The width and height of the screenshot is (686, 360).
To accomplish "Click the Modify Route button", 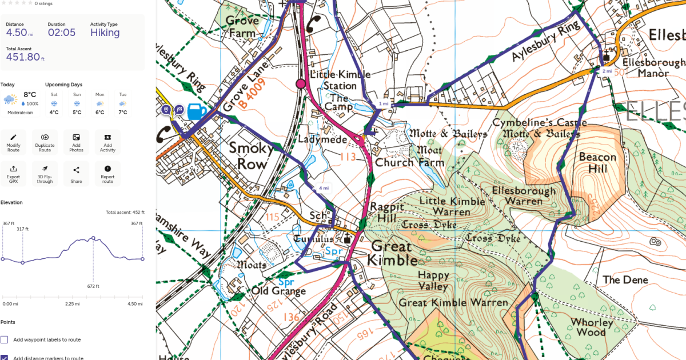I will (x=13, y=142).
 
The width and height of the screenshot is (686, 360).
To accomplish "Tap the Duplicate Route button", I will (x=45, y=142).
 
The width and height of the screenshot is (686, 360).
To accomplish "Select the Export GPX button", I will (x=13, y=173).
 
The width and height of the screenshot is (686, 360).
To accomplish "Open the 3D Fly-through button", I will (x=45, y=173).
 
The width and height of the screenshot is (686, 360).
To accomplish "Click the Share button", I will (x=76, y=173).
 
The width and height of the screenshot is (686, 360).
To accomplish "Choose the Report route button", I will (x=107, y=173).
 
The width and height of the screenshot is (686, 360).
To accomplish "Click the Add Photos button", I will (x=76, y=142).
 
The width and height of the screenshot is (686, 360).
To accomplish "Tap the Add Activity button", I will (x=107, y=142).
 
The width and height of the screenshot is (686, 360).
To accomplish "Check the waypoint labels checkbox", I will (x=5, y=339).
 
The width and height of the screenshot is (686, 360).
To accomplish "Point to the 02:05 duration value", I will (x=62, y=33).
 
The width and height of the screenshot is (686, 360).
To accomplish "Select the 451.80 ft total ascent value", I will (x=22, y=57).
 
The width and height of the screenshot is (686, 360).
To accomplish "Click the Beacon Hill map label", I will (x=597, y=163).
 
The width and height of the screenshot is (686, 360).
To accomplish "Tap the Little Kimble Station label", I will (x=340, y=81).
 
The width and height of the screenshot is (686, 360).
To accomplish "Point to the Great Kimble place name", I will (x=393, y=254).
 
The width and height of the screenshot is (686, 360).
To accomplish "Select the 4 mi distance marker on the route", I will (x=324, y=188).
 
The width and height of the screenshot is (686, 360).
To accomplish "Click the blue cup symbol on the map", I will (x=195, y=111).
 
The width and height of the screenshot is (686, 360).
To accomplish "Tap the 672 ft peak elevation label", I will (x=93, y=286).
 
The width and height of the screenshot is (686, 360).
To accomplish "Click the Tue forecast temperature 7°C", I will (x=122, y=112).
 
